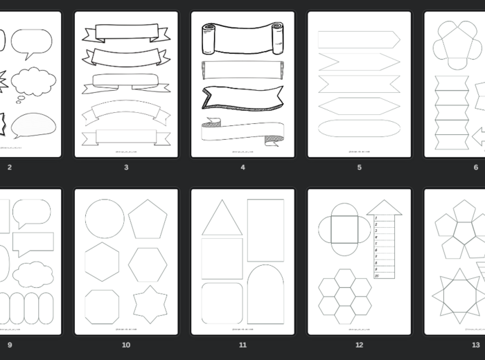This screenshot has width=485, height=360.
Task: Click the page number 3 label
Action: point(126,167)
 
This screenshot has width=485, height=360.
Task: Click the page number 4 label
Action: point(242,167)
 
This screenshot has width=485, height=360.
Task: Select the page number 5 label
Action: point(359,167)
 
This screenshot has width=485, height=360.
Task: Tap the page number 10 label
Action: point(126,345)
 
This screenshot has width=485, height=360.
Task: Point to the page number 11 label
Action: point(242,345)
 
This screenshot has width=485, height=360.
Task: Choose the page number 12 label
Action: point(359,345)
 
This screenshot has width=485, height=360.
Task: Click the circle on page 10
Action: point(105,219)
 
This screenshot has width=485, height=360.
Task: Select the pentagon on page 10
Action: point(148,219)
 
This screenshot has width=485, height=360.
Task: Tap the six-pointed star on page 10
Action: point(149,304)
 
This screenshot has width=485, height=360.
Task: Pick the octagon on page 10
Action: point(103,306)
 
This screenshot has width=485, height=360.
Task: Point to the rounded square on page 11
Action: point(222,303)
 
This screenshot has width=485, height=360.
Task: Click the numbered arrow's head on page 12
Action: point(384,207)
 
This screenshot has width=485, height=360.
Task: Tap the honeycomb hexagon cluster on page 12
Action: point(345,296)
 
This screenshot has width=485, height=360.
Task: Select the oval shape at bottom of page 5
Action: point(359,128)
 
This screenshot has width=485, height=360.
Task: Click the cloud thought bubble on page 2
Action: point(33,82)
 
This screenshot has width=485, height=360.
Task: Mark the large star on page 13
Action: point(457,296)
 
